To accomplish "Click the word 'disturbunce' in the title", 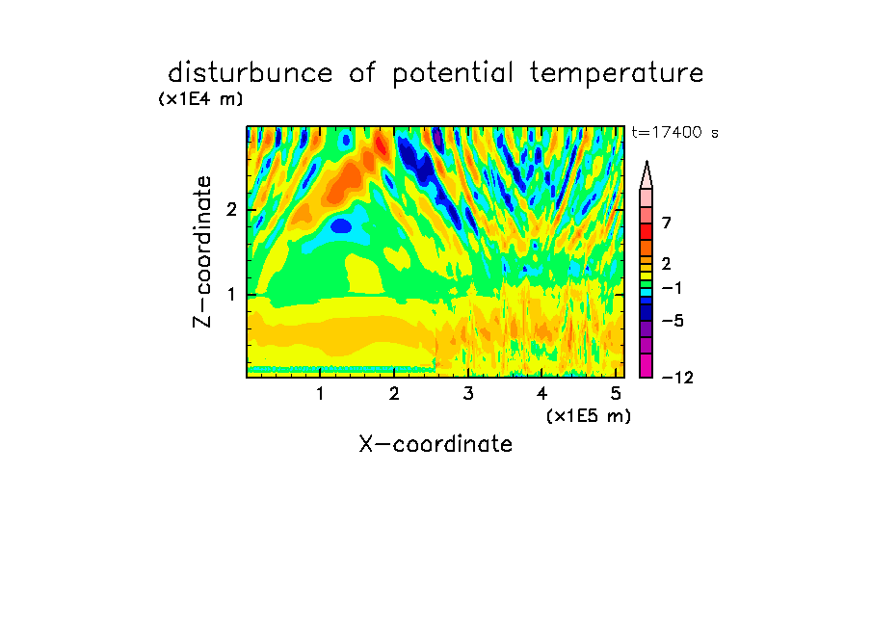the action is pyautogui.click(x=251, y=73).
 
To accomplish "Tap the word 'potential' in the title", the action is pyautogui.click(x=453, y=74).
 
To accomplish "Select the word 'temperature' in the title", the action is pyautogui.click(x=617, y=74).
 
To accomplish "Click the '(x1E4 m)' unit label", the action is pyautogui.click(x=200, y=99).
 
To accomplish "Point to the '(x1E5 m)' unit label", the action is pyautogui.click(x=589, y=416).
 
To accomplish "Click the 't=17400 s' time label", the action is pyautogui.click(x=674, y=132).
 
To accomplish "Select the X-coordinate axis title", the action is pyautogui.click(x=435, y=444).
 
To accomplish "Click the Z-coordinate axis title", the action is pyautogui.click(x=202, y=251).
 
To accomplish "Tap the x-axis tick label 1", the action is pyautogui.click(x=321, y=394).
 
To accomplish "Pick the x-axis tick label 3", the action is pyautogui.click(x=468, y=394).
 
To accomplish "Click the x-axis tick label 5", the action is pyautogui.click(x=616, y=394).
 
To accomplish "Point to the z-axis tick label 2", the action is pyautogui.click(x=231, y=210).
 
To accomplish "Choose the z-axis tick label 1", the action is pyautogui.click(x=231, y=295).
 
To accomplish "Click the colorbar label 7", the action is pyautogui.click(x=667, y=223).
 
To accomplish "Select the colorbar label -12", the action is pyautogui.click(x=677, y=378).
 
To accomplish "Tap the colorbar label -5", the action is pyautogui.click(x=673, y=321).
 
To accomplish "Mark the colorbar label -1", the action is pyautogui.click(x=672, y=288).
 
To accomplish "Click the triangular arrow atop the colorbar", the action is pyautogui.click(x=647, y=174).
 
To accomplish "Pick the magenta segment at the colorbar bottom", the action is pyautogui.click(x=647, y=365).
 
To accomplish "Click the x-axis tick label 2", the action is pyautogui.click(x=394, y=394).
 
